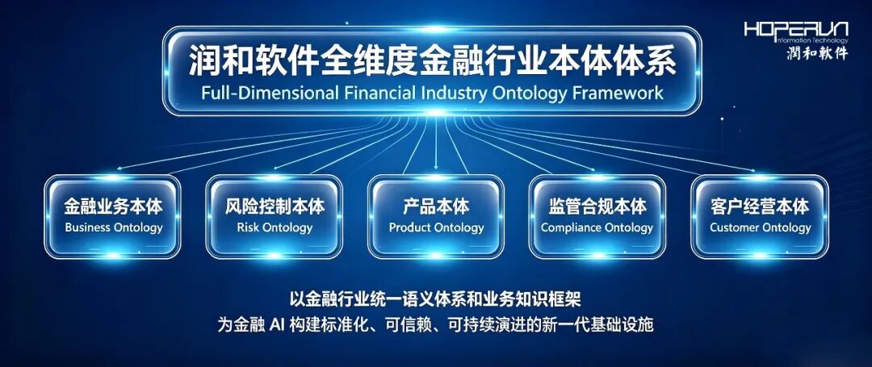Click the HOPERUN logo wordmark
(x=796, y=29)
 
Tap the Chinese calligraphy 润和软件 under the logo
(x=817, y=52)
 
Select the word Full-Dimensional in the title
(x=270, y=92)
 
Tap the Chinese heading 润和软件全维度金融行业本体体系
(x=433, y=60)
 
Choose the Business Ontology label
(x=114, y=227)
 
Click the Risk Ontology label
(x=275, y=227)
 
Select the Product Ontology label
(x=437, y=227)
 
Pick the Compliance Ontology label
(x=597, y=227)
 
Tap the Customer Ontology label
(x=761, y=227)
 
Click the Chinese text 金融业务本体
(x=114, y=207)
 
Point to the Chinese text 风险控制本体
(x=275, y=207)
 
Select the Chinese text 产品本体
(x=437, y=207)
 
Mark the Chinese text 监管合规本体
(x=597, y=207)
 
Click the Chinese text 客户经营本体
(x=761, y=207)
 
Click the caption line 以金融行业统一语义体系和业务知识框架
(x=435, y=299)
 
